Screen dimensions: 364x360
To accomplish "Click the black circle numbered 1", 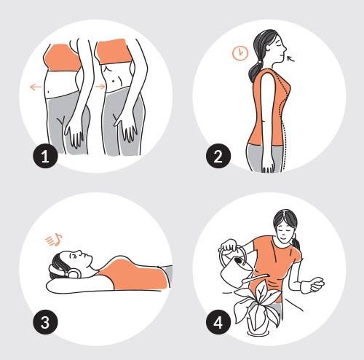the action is click(x=45, y=156).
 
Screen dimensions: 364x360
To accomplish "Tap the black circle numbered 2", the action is click(x=218, y=156).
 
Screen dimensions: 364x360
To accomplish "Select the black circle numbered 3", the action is click(x=45, y=322).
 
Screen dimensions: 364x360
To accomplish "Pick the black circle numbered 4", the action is click(x=218, y=322).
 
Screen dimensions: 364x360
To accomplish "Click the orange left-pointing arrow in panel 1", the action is click(x=36, y=87).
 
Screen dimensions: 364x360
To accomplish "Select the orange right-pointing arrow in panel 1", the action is click(x=100, y=87).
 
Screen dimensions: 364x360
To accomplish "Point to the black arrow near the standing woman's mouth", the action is click(x=290, y=58).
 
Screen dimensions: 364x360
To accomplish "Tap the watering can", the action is click(x=237, y=268).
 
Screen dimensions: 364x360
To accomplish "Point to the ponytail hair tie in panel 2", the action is click(x=261, y=61).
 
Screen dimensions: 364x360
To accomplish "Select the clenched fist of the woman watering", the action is click(x=317, y=284).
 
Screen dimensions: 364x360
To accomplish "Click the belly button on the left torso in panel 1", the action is click(x=50, y=92).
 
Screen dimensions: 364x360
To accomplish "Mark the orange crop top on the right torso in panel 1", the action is click(x=114, y=52).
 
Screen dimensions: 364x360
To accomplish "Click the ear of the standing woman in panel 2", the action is click(x=269, y=47).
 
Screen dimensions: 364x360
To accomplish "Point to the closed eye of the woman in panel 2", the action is click(x=280, y=45).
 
